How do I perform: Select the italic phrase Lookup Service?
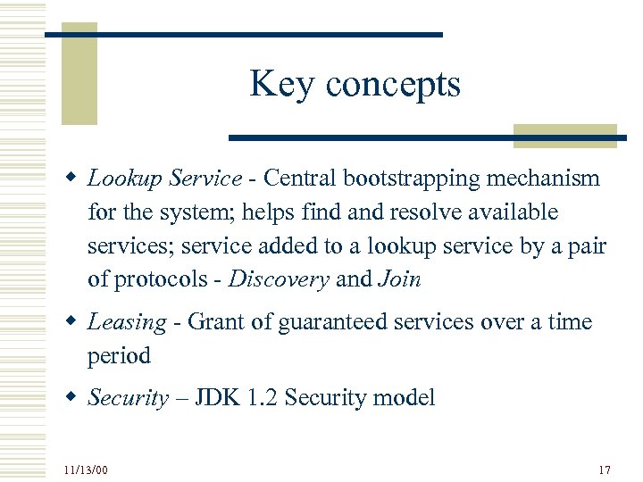click(x=164, y=179)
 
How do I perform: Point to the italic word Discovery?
click(x=280, y=279)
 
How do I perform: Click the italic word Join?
click(x=399, y=279)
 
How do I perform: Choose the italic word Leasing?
click(x=127, y=323)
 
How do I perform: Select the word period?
click(x=119, y=356)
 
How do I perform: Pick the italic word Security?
click(x=128, y=398)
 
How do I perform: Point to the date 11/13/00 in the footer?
click(x=86, y=470)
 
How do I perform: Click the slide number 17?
click(x=605, y=470)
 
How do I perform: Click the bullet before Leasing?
click(x=69, y=322)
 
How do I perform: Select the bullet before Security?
click(x=69, y=398)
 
